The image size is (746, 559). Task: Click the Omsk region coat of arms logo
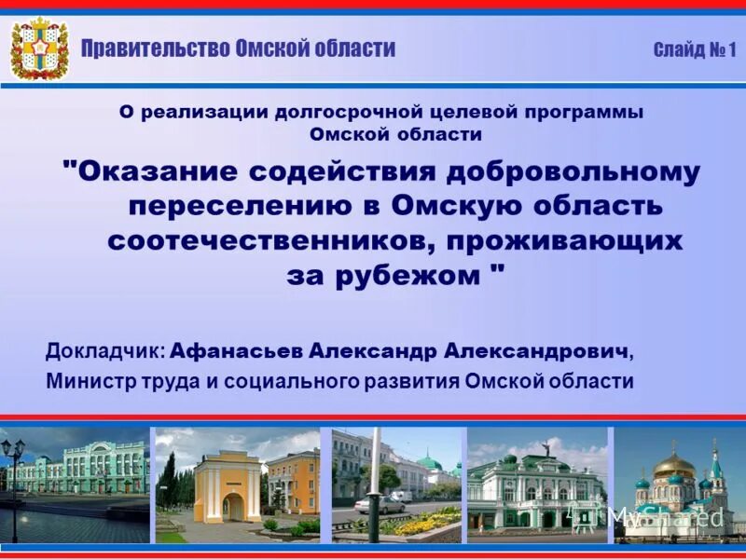coord(39,48)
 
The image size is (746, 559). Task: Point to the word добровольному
coord(573,171)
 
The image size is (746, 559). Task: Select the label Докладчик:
coord(106,352)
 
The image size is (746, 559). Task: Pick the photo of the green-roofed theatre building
coord(536,484)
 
